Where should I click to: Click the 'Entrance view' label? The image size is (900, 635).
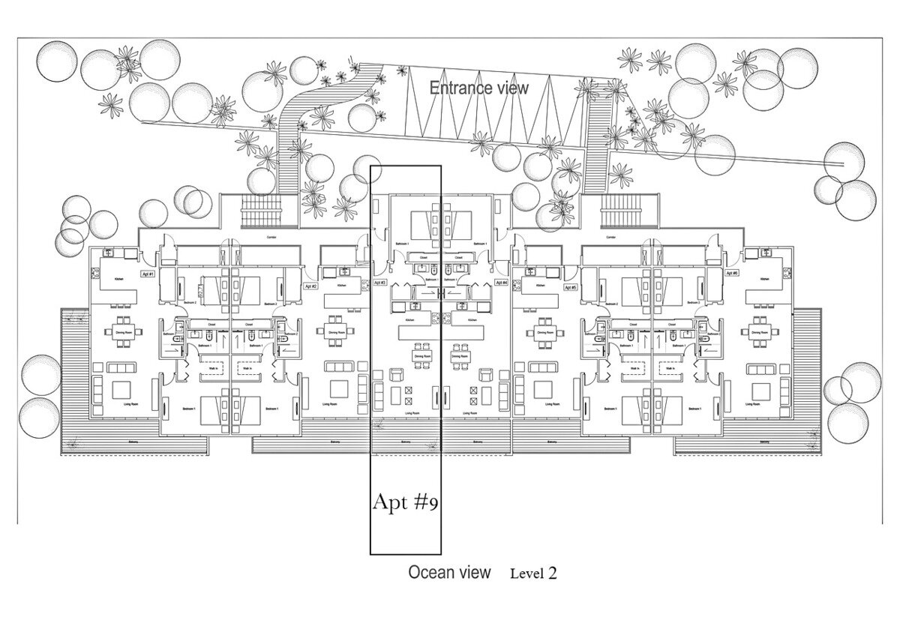[x=478, y=88]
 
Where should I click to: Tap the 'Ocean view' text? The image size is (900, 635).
[x=449, y=573]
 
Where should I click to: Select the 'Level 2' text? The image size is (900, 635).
[x=533, y=574]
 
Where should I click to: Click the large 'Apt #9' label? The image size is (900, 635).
[x=405, y=502]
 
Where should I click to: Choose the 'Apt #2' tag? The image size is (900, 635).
[x=310, y=286]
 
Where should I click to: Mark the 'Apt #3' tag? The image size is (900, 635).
[x=379, y=283]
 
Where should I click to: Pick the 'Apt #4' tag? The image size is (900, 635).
[x=501, y=283]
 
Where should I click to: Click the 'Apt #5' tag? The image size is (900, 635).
[x=569, y=287]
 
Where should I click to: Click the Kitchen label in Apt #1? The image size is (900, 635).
[x=118, y=278]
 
